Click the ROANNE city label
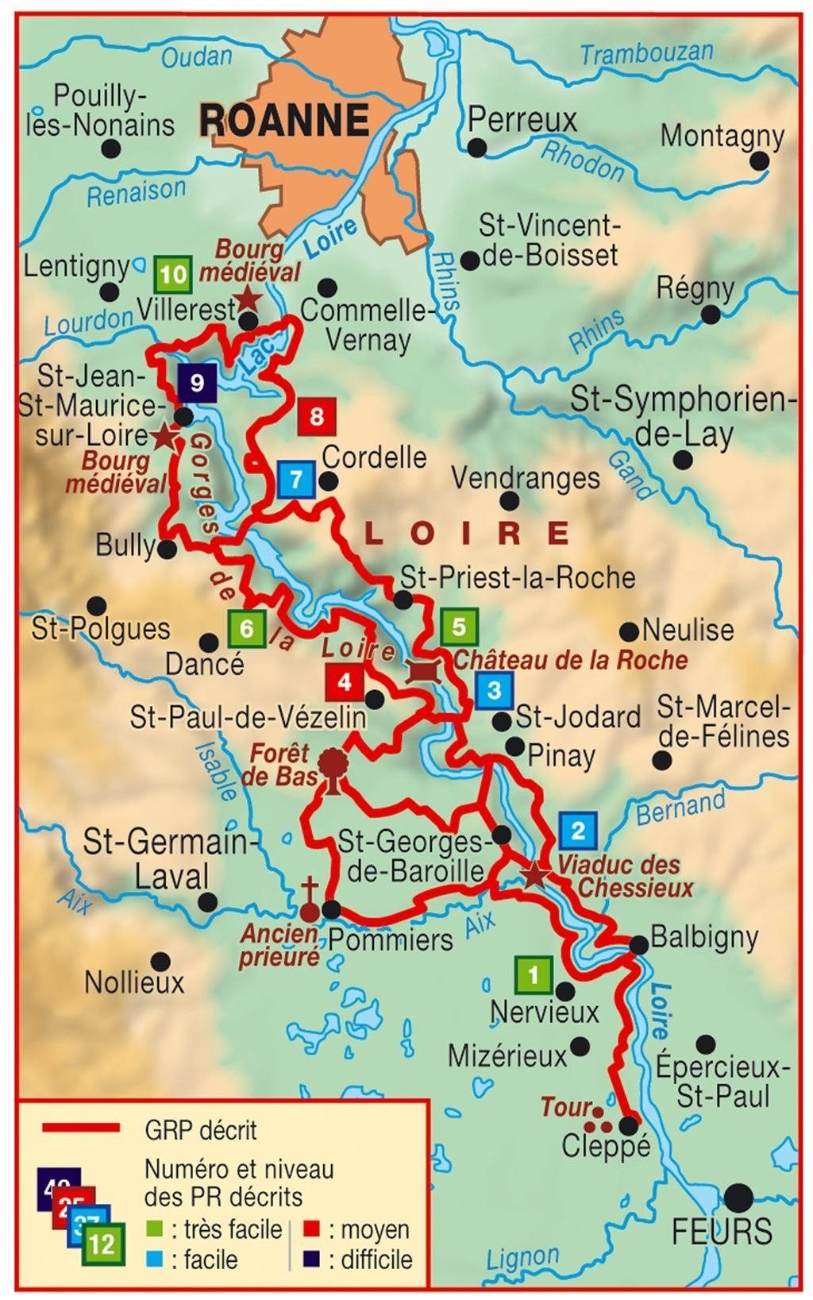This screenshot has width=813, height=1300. (x=284, y=120)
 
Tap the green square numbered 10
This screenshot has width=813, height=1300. (x=173, y=276)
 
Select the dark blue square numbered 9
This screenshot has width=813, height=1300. (x=197, y=384)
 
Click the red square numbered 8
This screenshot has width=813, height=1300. (x=317, y=416)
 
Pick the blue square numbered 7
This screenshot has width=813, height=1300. (x=296, y=480)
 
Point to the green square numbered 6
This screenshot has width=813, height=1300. (x=246, y=630)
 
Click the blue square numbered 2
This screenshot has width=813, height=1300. (x=578, y=831)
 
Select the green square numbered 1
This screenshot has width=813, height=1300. (x=534, y=974)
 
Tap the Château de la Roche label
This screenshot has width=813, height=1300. (x=570, y=660)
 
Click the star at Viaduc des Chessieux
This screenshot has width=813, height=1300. (x=535, y=875)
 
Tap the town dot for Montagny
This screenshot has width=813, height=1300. (x=759, y=161)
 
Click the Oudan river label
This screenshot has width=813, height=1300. (x=196, y=56)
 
